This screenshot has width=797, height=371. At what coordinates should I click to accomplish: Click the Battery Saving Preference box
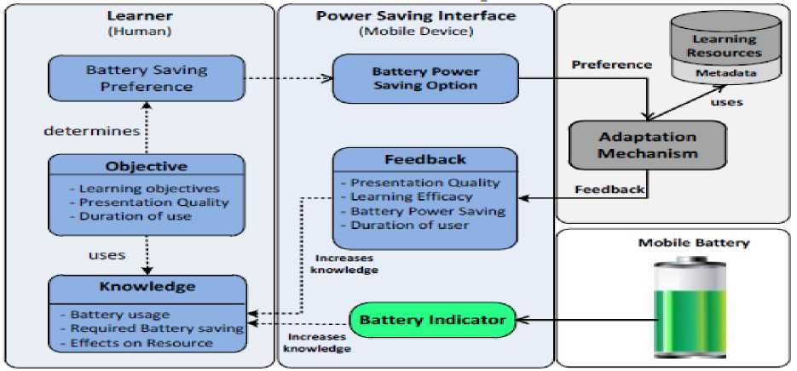coord(147,77)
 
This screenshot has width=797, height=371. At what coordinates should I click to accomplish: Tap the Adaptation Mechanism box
coord(648,145)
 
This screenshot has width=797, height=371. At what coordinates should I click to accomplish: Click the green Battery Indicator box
coord(432,321)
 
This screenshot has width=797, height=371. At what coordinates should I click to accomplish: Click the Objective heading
coord(146,166)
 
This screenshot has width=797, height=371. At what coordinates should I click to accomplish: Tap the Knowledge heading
coord(146,288)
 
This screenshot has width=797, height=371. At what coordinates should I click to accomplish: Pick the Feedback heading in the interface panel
coord(425,159)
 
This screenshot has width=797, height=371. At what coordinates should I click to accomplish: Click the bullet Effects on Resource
coord(141,343)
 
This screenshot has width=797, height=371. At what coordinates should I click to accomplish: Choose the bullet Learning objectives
coord(149,188)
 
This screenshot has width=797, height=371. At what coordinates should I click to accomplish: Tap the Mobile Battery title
coord(695,243)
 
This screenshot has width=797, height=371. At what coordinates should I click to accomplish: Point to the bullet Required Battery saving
coord(157,328)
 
